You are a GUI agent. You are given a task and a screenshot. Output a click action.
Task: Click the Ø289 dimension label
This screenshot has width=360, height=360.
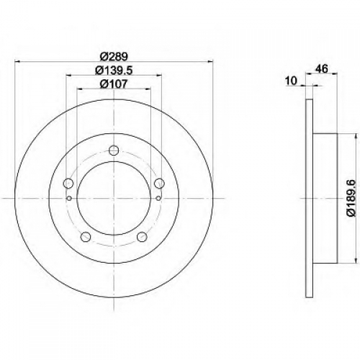point(114,57)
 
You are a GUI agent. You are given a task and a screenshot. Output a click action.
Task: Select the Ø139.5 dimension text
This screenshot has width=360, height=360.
point(114,71)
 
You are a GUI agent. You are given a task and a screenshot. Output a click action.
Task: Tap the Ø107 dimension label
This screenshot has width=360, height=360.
point(114,84)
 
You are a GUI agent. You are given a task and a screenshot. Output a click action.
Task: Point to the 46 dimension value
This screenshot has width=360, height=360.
point(322,69)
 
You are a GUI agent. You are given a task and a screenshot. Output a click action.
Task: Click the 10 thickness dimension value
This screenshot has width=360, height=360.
point(292,81)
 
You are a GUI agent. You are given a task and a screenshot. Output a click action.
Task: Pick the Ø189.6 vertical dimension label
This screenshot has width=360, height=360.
point(352,198)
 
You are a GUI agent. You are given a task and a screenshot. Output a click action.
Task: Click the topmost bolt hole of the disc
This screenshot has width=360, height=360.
point(114,150)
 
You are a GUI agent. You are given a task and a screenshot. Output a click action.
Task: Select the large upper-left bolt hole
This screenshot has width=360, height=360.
point(68,184)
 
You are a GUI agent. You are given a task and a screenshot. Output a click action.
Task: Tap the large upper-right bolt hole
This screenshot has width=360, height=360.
point(159,184)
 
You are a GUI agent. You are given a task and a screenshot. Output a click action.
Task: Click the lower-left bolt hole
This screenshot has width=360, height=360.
point(86,237)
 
